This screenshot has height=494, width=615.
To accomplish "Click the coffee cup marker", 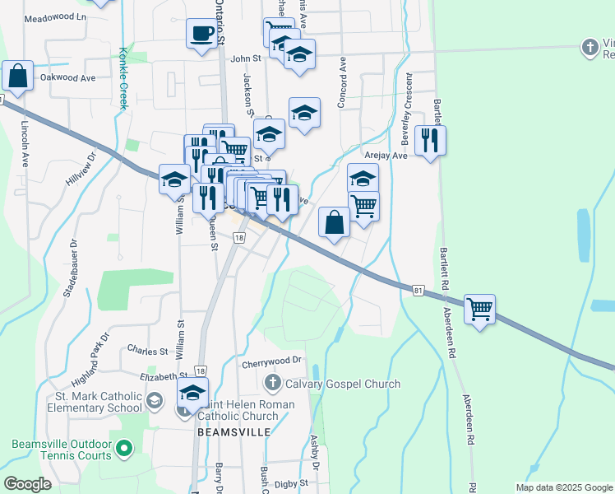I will coord(201,35).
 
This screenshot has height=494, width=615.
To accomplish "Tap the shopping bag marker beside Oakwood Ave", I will coord(17,76).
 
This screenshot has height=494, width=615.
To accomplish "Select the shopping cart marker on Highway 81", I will coord(479,310).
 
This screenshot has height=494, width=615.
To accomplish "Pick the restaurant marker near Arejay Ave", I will coord(429,141).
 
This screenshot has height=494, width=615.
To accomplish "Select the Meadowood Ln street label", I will coord(55,17).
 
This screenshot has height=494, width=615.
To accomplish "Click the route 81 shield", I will coord(418,289).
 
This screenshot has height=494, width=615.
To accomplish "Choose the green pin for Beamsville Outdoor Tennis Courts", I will coord(123,449).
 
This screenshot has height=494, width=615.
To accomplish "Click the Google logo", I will coord(28,484).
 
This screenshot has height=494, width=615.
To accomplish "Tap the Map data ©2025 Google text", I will coord(563,487).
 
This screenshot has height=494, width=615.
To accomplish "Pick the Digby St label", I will coord(290,483).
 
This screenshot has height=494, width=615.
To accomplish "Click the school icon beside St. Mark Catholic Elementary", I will coord(154,401).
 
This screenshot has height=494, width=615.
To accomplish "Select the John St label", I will coord(245,58).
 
